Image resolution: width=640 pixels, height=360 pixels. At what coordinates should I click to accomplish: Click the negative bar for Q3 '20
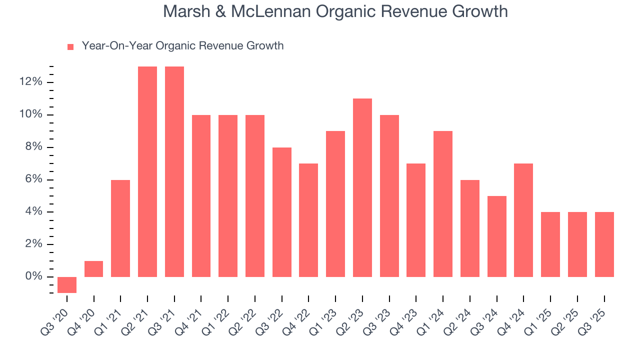pos(67,284)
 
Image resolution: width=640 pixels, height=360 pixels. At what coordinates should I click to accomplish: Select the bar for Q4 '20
pos(93,269)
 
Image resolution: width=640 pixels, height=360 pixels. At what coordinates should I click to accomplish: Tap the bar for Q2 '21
pos(147,171)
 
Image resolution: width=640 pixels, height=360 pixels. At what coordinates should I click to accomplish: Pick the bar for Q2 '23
pos(362,187)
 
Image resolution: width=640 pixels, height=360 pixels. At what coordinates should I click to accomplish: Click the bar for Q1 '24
pos(442,204)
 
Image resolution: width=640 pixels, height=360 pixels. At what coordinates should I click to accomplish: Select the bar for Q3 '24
pos(496,236)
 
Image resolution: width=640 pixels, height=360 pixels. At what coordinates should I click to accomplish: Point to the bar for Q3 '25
pos(604,244)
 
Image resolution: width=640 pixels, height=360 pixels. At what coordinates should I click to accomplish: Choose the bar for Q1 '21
pos(120,228)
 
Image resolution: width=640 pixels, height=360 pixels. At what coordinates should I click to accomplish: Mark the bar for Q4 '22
pos(308,220)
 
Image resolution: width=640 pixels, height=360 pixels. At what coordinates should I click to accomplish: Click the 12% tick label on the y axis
pos(31,82)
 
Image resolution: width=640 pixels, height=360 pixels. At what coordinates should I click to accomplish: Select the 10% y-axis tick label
pos(31,114)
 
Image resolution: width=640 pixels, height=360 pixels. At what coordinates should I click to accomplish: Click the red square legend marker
pos(70,46)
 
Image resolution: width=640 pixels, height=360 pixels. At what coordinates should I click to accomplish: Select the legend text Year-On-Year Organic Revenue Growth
pos(182,46)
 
